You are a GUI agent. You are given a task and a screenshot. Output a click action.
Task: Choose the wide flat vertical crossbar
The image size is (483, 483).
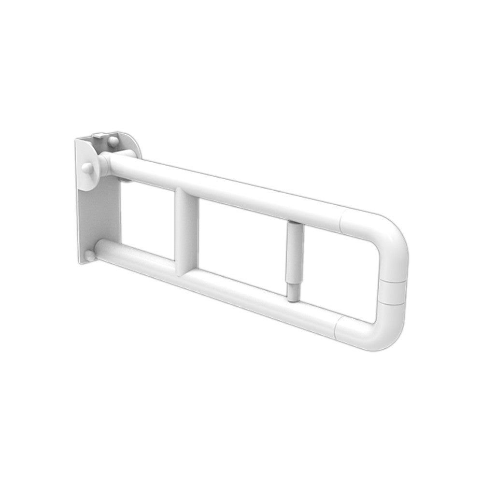click(x=186, y=232)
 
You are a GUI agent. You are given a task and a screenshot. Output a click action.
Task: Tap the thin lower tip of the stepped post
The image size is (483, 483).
click(x=293, y=292)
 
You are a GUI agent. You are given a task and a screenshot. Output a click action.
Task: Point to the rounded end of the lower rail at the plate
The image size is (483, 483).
click(x=99, y=249)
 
